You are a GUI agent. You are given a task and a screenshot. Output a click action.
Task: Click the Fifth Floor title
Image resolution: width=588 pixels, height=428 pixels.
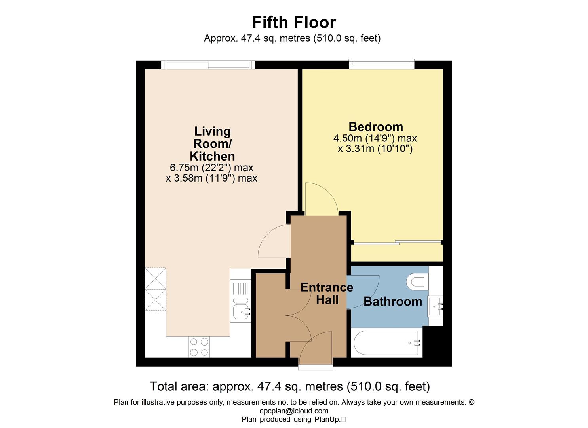pos(294,22)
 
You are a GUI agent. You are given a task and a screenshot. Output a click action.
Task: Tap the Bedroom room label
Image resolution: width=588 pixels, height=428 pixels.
pos(376,127)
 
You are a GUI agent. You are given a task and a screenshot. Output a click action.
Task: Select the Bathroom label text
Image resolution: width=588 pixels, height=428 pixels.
pos(393,301)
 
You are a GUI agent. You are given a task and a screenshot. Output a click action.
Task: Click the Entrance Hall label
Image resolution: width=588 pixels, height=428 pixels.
pos(327,294)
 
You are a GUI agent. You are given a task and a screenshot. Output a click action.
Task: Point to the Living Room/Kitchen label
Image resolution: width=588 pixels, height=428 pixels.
pos(212,144)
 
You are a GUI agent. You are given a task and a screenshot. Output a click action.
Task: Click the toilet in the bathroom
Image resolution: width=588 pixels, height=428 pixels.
pos(417,282)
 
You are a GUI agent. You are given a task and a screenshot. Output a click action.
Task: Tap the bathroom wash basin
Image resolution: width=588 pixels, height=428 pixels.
pos(436,306)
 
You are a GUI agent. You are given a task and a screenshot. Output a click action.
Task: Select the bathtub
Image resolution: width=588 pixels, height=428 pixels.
pos(386,343)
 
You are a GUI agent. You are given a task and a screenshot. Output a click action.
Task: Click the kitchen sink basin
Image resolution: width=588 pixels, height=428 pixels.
pos(241,312)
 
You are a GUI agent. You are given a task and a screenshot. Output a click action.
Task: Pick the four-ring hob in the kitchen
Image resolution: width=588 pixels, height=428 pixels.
pos(199,347)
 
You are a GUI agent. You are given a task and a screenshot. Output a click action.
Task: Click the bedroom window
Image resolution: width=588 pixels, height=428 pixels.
pos(381,64)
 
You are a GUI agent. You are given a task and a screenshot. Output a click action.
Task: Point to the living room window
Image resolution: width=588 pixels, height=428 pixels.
pos(208,65)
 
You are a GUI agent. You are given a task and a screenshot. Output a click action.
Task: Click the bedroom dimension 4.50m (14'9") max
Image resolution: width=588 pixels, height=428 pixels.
pos(375,138)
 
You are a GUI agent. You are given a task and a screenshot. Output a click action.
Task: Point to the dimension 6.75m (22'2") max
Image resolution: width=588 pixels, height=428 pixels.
pos(211,168)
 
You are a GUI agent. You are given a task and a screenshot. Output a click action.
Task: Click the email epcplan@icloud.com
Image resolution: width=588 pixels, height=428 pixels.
pos(294,411)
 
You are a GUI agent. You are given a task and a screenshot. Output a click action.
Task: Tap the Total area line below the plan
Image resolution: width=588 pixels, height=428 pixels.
pos(290,386)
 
